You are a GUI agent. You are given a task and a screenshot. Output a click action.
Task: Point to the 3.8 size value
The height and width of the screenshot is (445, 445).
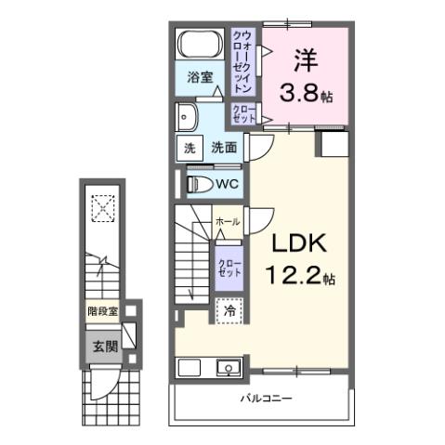[x=301, y=92]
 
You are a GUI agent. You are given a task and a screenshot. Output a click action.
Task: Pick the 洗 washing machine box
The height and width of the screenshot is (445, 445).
[x=188, y=148]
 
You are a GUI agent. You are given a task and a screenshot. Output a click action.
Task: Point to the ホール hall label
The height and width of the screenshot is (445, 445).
[x=227, y=222]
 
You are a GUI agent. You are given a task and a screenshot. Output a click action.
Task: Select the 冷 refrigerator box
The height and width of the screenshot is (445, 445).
[x=228, y=312]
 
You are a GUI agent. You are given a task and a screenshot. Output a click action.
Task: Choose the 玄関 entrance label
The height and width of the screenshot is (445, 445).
[x=104, y=347]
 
